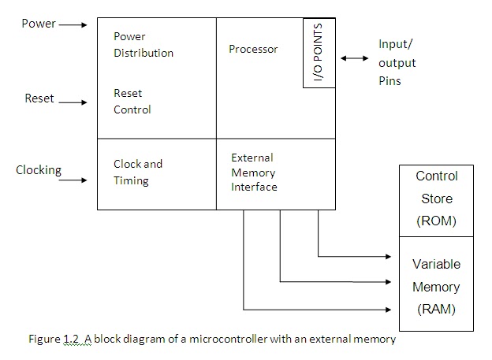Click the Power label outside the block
pos(38,24)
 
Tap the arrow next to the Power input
pos(73,24)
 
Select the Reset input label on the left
pos(39,99)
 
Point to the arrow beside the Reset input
pos(73,102)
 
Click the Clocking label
pos(39,169)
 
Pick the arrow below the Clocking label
pos(73,180)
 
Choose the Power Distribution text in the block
pos(143,45)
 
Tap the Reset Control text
pos(132,102)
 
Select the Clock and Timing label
pos(137,172)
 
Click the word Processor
pos(253,49)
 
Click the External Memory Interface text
pos(253,173)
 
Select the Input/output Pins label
pos(397,62)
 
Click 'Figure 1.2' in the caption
pos(50,340)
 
